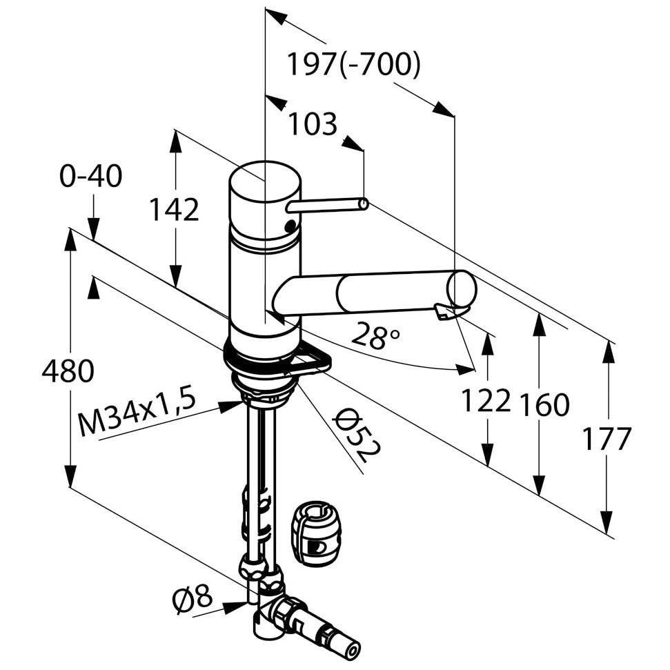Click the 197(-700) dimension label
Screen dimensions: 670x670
353,66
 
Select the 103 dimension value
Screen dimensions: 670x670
312,124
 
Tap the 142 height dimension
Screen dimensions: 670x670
174,210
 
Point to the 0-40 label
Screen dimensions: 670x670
90,177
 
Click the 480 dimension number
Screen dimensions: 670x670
68,373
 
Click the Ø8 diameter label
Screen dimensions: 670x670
193,598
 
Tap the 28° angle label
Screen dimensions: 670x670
375,336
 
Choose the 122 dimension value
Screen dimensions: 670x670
486,400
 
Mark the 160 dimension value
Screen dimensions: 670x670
544,405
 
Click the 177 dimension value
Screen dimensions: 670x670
607,438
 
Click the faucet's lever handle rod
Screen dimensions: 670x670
326,205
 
